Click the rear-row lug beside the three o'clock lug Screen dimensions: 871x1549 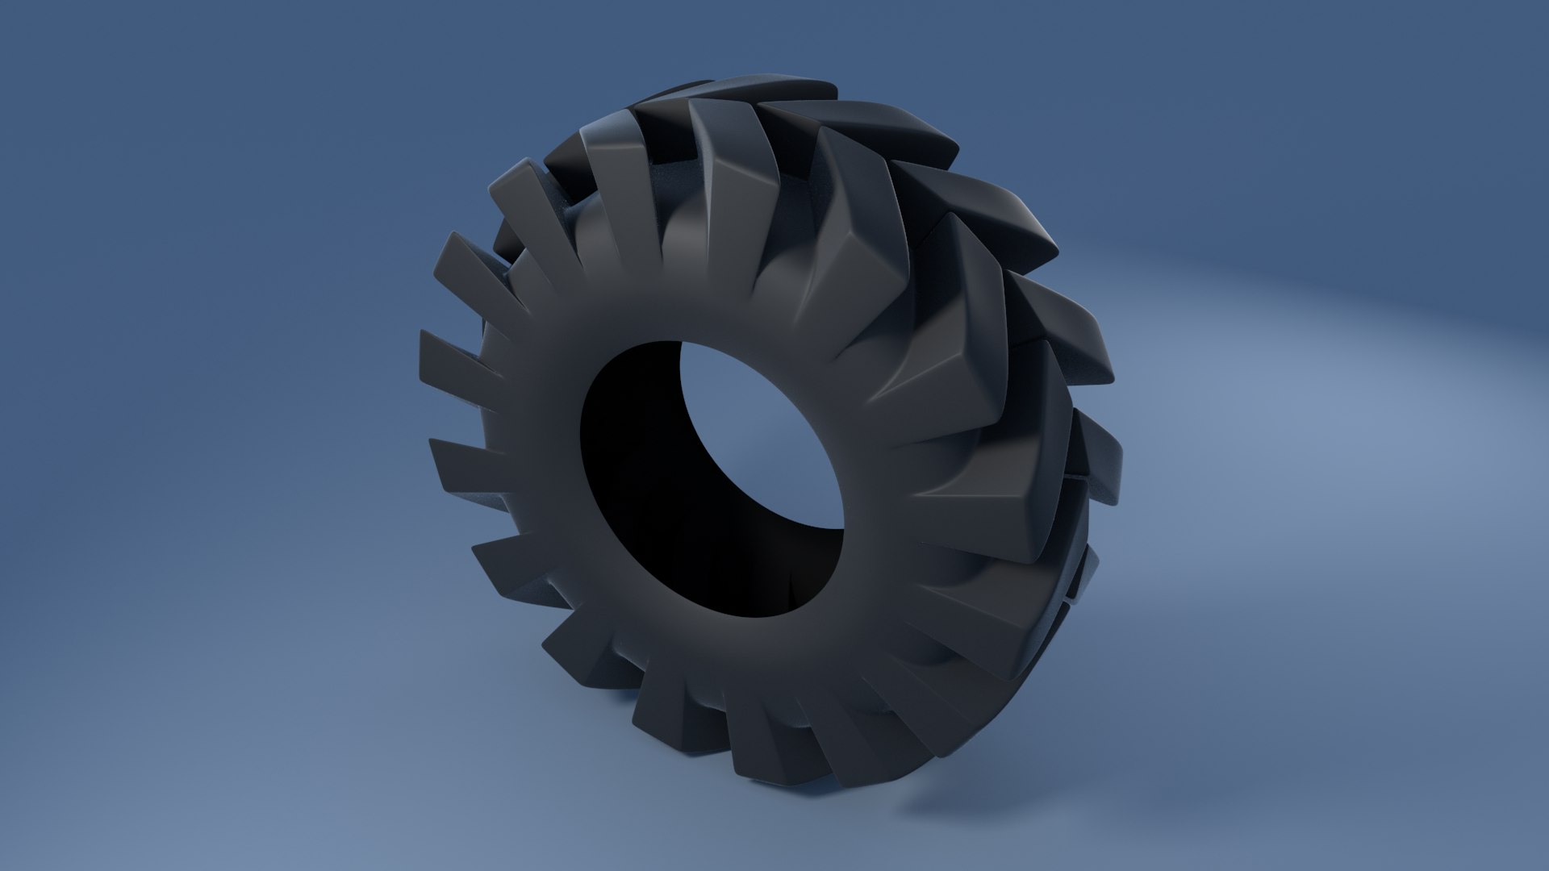pos(1097,460)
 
